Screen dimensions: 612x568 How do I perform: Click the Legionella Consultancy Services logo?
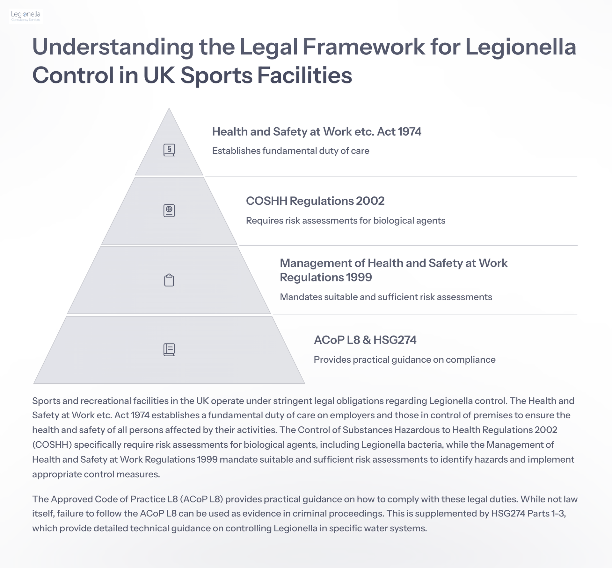coord(25,16)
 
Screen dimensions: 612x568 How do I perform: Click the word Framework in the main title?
coord(364,47)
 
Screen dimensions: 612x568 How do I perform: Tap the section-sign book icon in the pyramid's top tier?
coord(169,150)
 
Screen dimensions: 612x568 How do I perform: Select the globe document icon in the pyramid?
coord(169,211)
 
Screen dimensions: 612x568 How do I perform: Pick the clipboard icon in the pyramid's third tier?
coord(169,280)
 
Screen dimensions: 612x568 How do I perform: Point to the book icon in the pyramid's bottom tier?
coord(169,350)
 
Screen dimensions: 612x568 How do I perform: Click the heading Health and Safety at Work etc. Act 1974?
coord(317,132)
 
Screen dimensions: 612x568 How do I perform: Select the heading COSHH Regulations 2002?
coord(315,201)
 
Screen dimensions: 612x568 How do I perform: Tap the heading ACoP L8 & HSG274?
coord(365,340)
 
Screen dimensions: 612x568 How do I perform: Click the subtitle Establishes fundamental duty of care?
coord(291,151)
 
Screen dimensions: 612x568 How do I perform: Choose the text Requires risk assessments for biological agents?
coord(346,221)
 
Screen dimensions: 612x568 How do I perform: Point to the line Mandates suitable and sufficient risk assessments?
coord(386,297)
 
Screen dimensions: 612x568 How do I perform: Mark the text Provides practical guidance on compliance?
coord(404,360)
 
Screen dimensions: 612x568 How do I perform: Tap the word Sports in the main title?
coord(216,75)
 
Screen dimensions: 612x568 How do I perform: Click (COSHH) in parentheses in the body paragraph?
coord(52,445)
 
